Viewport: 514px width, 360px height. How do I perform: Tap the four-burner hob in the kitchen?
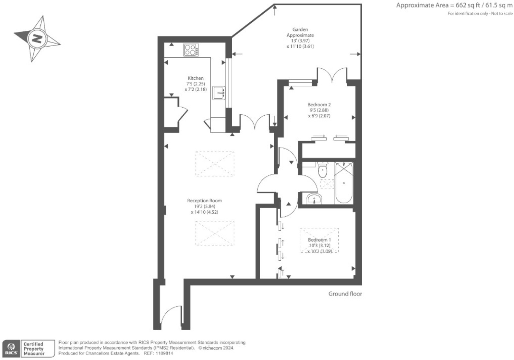pyautogui.click(x=191, y=50)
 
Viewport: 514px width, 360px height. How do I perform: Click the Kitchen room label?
pyautogui.click(x=196, y=78)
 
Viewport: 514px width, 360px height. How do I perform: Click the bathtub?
pyautogui.click(x=344, y=183)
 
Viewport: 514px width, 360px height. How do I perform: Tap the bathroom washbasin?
pyautogui.click(x=314, y=198)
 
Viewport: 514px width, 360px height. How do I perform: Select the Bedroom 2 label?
pyautogui.click(x=319, y=105)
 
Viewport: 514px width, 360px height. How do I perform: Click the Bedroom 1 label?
pyautogui.click(x=319, y=240)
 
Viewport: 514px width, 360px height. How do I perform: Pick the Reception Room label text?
pyautogui.click(x=204, y=201)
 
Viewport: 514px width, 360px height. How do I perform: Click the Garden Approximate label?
pyautogui.click(x=300, y=32)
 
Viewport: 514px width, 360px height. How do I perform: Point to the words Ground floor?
pyautogui.click(x=345, y=294)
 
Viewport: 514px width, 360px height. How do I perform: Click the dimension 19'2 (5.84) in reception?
pyautogui.click(x=204, y=206)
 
